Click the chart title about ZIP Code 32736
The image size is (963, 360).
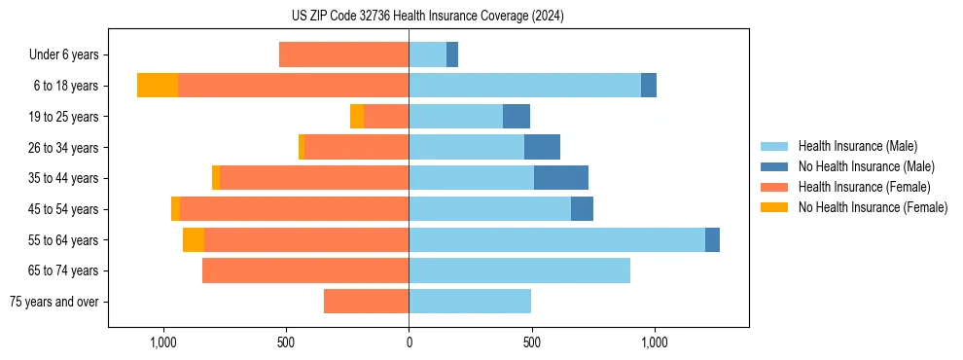coord(427,16)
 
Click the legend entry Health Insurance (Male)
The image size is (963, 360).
coord(857,146)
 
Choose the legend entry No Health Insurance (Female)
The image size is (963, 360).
coord(873,206)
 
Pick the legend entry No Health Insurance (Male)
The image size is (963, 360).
coord(866,166)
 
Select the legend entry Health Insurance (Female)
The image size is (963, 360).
coord(864,186)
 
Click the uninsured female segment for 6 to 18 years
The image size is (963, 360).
coord(158,86)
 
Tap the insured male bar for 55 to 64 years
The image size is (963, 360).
coord(556,239)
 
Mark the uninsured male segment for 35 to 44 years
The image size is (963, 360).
coord(561,178)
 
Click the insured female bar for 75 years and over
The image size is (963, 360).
coord(366,302)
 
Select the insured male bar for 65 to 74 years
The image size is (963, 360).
coord(519,270)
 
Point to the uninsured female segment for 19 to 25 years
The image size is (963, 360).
coord(357,117)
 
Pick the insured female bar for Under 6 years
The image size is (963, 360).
coord(343,54)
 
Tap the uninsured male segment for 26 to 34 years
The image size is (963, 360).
coord(542,147)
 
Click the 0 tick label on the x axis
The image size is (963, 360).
coord(409,342)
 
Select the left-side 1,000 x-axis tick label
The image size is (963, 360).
coord(162,342)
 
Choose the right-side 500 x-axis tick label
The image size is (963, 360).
coord(531,342)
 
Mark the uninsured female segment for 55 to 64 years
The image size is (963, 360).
coord(194,239)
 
